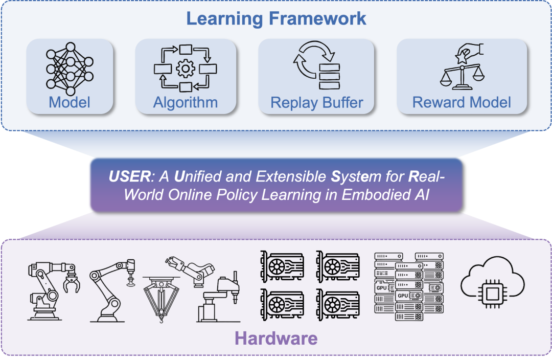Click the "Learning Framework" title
tap(276, 18)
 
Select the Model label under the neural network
tap(70, 102)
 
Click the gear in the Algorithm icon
tap(185, 69)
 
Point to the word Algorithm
tap(185, 102)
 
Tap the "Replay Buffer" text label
tap(316, 102)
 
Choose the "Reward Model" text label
tap(462, 102)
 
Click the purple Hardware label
tap(276, 338)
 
